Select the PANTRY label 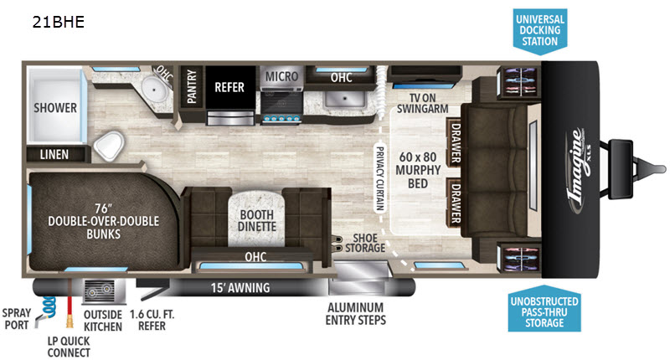coord(192,87)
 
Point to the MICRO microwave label coord(282,77)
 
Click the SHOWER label coord(55,108)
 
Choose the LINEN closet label coord(54,154)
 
